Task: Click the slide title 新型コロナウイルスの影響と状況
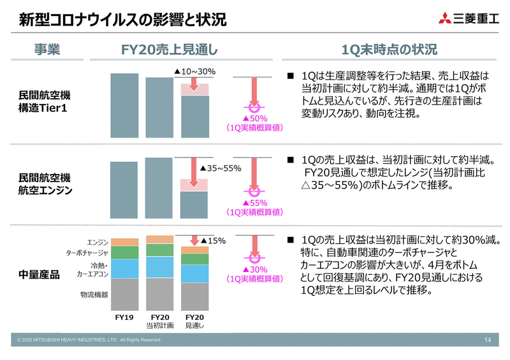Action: [122, 20]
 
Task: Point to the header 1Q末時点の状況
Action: [390, 50]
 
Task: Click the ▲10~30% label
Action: [195, 72]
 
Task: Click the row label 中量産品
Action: [39, 274]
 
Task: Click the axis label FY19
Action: [124, 317]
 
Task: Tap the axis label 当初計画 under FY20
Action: [159, 326]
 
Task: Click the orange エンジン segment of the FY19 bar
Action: [124, 241]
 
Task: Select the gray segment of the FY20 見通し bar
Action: [194, 296]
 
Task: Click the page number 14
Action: [488, 340]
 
